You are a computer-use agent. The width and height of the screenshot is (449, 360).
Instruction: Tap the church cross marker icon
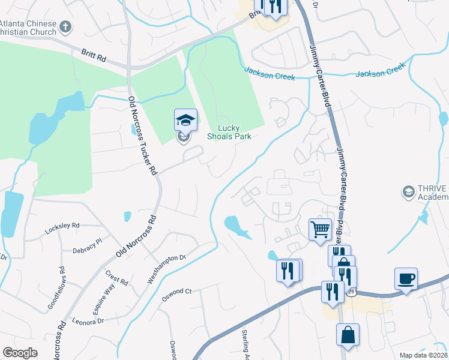click(x=66, y=27)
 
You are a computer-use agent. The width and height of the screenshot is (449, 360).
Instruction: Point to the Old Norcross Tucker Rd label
click(x=142, y=135)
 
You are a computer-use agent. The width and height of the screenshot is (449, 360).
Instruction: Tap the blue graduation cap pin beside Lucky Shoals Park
click(x=185, y=121)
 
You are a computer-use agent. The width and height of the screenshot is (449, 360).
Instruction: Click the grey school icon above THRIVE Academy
click(x=409, y=192)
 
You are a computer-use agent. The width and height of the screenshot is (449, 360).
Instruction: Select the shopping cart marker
click(x=320, y=229)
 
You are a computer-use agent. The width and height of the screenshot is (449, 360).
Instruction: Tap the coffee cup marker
click(x=406, y=279)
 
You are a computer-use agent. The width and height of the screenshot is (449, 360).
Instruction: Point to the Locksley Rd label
click(x=62, y=228)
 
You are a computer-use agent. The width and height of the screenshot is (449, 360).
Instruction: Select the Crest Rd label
click(x=116, y=277)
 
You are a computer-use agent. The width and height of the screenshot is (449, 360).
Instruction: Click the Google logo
click(x=20, y=353)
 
